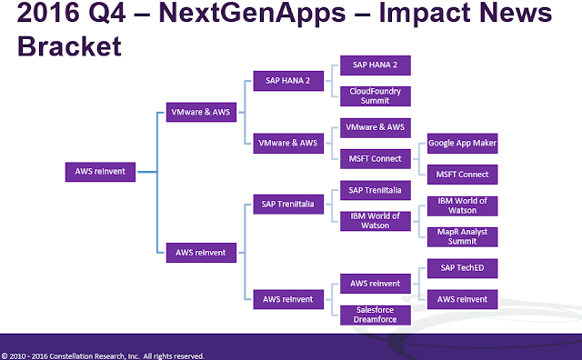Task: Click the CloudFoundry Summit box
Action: (376, 96)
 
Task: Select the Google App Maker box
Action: (463, 144)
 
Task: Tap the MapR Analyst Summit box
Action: (463, 236)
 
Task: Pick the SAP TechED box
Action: (463, 268)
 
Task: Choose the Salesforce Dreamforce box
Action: (376, 315)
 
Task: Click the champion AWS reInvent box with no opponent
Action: (100, 172)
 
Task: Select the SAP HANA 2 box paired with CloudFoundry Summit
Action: (376, 65)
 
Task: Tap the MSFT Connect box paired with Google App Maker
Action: (463, 175)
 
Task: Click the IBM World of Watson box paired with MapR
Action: (463, 206)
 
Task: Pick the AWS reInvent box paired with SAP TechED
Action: (463, 299)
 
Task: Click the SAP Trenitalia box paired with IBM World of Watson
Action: (376, 190)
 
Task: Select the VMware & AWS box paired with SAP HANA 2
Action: (288, 144)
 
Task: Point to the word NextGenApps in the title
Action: (253, 15)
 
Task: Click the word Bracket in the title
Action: (69, 46)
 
